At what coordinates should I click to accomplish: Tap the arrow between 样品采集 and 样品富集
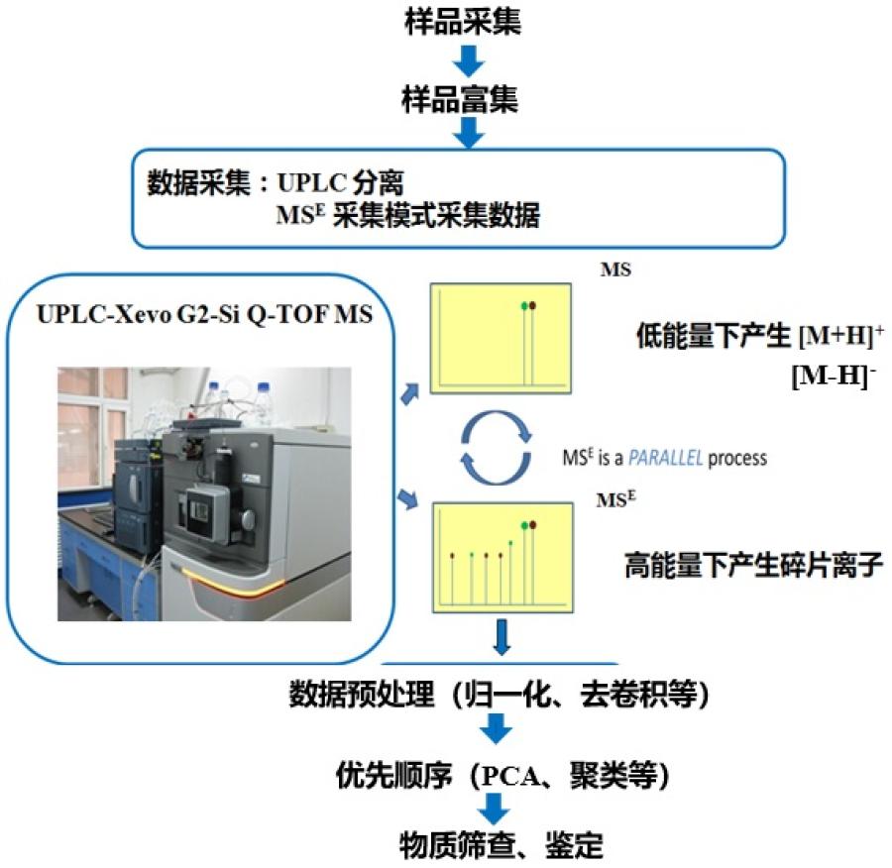click(465, 62)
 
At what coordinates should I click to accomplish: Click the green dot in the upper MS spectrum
click(523, 305)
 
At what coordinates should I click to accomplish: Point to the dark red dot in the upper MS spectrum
click(534, 305)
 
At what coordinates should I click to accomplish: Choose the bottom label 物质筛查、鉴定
click(501, 845)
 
